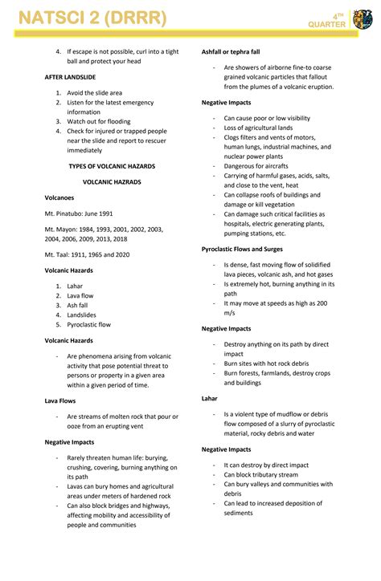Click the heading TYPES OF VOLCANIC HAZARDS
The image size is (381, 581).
pos(112,166)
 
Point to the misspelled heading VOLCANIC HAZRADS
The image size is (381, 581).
pos(112,182)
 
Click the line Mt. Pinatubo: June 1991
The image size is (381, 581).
pos(79,213)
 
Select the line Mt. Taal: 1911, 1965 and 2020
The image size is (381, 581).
pos(87,254)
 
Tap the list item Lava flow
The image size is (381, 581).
pos(80,295)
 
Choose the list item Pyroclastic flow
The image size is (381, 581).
pos(88,325)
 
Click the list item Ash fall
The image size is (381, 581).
pos(77,305)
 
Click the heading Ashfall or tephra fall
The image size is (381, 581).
pos(236,51)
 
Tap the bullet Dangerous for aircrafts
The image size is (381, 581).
pos(258,165)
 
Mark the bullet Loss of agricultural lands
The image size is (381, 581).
pos(258,128)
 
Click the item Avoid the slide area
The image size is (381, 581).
pos(95,92)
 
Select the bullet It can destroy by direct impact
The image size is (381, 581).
pos(266,465)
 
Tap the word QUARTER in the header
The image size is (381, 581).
pos(326,25)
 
